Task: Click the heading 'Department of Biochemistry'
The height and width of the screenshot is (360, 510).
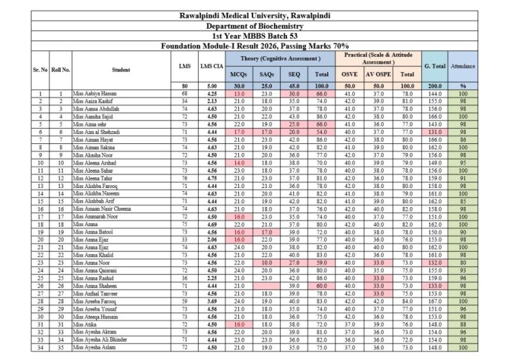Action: (254, 26)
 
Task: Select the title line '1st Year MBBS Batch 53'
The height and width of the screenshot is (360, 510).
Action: (254, 36)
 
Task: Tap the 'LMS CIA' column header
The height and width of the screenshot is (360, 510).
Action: (212, 66)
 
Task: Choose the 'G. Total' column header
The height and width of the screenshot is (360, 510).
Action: (434, 66)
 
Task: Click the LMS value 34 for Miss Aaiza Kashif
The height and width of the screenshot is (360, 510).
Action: (185, 101)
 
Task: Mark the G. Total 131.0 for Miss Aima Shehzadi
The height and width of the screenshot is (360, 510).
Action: (434, 132)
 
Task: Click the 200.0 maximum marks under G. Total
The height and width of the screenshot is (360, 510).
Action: (434, 85)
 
